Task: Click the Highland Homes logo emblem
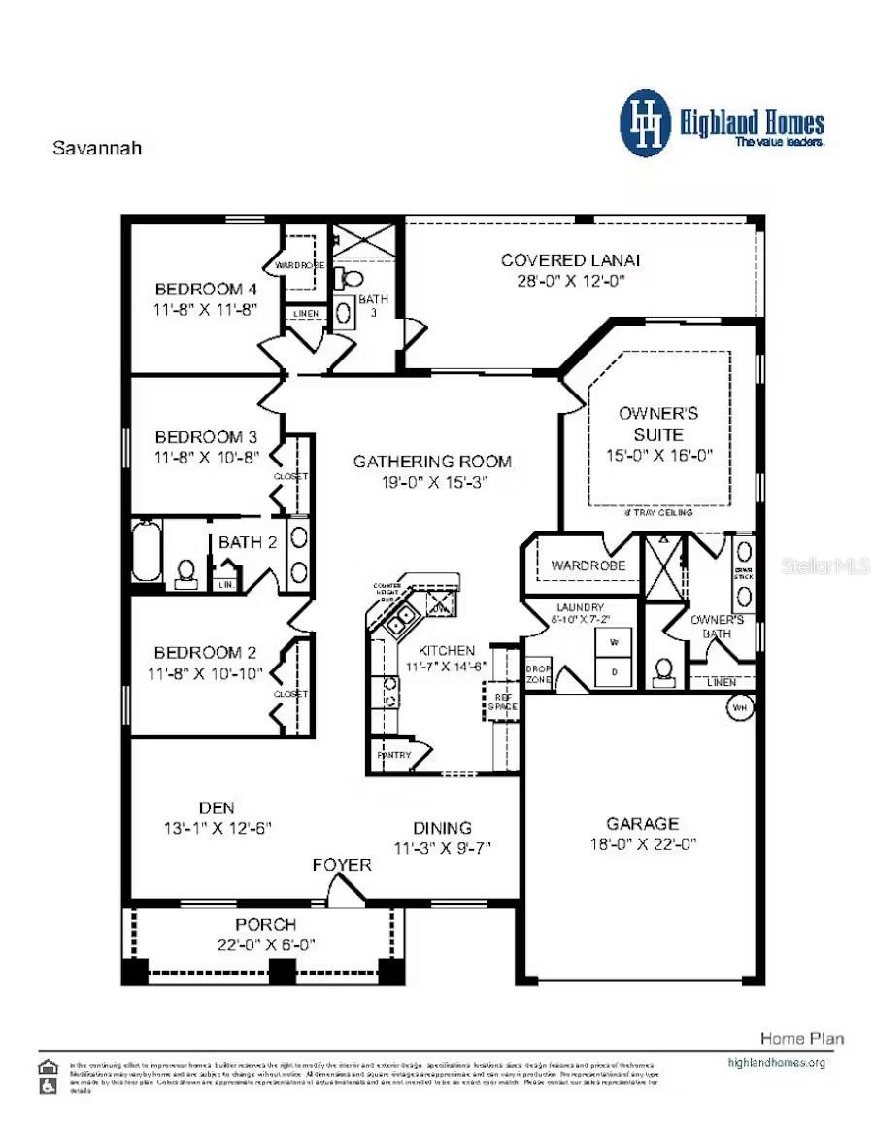[645, 123]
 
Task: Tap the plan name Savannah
[96, 149]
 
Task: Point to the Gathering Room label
[432, 462]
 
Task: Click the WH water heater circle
[740, 707]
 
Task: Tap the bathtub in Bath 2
[146, 552]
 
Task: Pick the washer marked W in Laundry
[613, 642]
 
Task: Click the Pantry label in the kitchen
[393, 755]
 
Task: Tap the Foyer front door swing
[342, 886]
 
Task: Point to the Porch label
[265, 924]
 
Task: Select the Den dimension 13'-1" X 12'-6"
[217, 828]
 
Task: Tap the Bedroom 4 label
[206, 289]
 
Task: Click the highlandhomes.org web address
[776, 1062]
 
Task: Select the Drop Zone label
[538, 675]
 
